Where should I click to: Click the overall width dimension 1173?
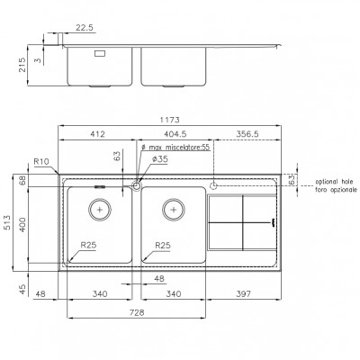pos(169,120)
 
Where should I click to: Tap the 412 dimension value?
pos(98,134)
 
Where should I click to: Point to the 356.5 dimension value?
pos(247,134)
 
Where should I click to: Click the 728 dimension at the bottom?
pos(137,312)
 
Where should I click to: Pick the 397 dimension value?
pos(243,294)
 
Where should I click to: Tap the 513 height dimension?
pos(7,222)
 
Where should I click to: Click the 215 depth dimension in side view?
pos(22,65)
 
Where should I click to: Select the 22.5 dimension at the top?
pos(85,28)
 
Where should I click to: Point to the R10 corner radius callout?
pos(41,162)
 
